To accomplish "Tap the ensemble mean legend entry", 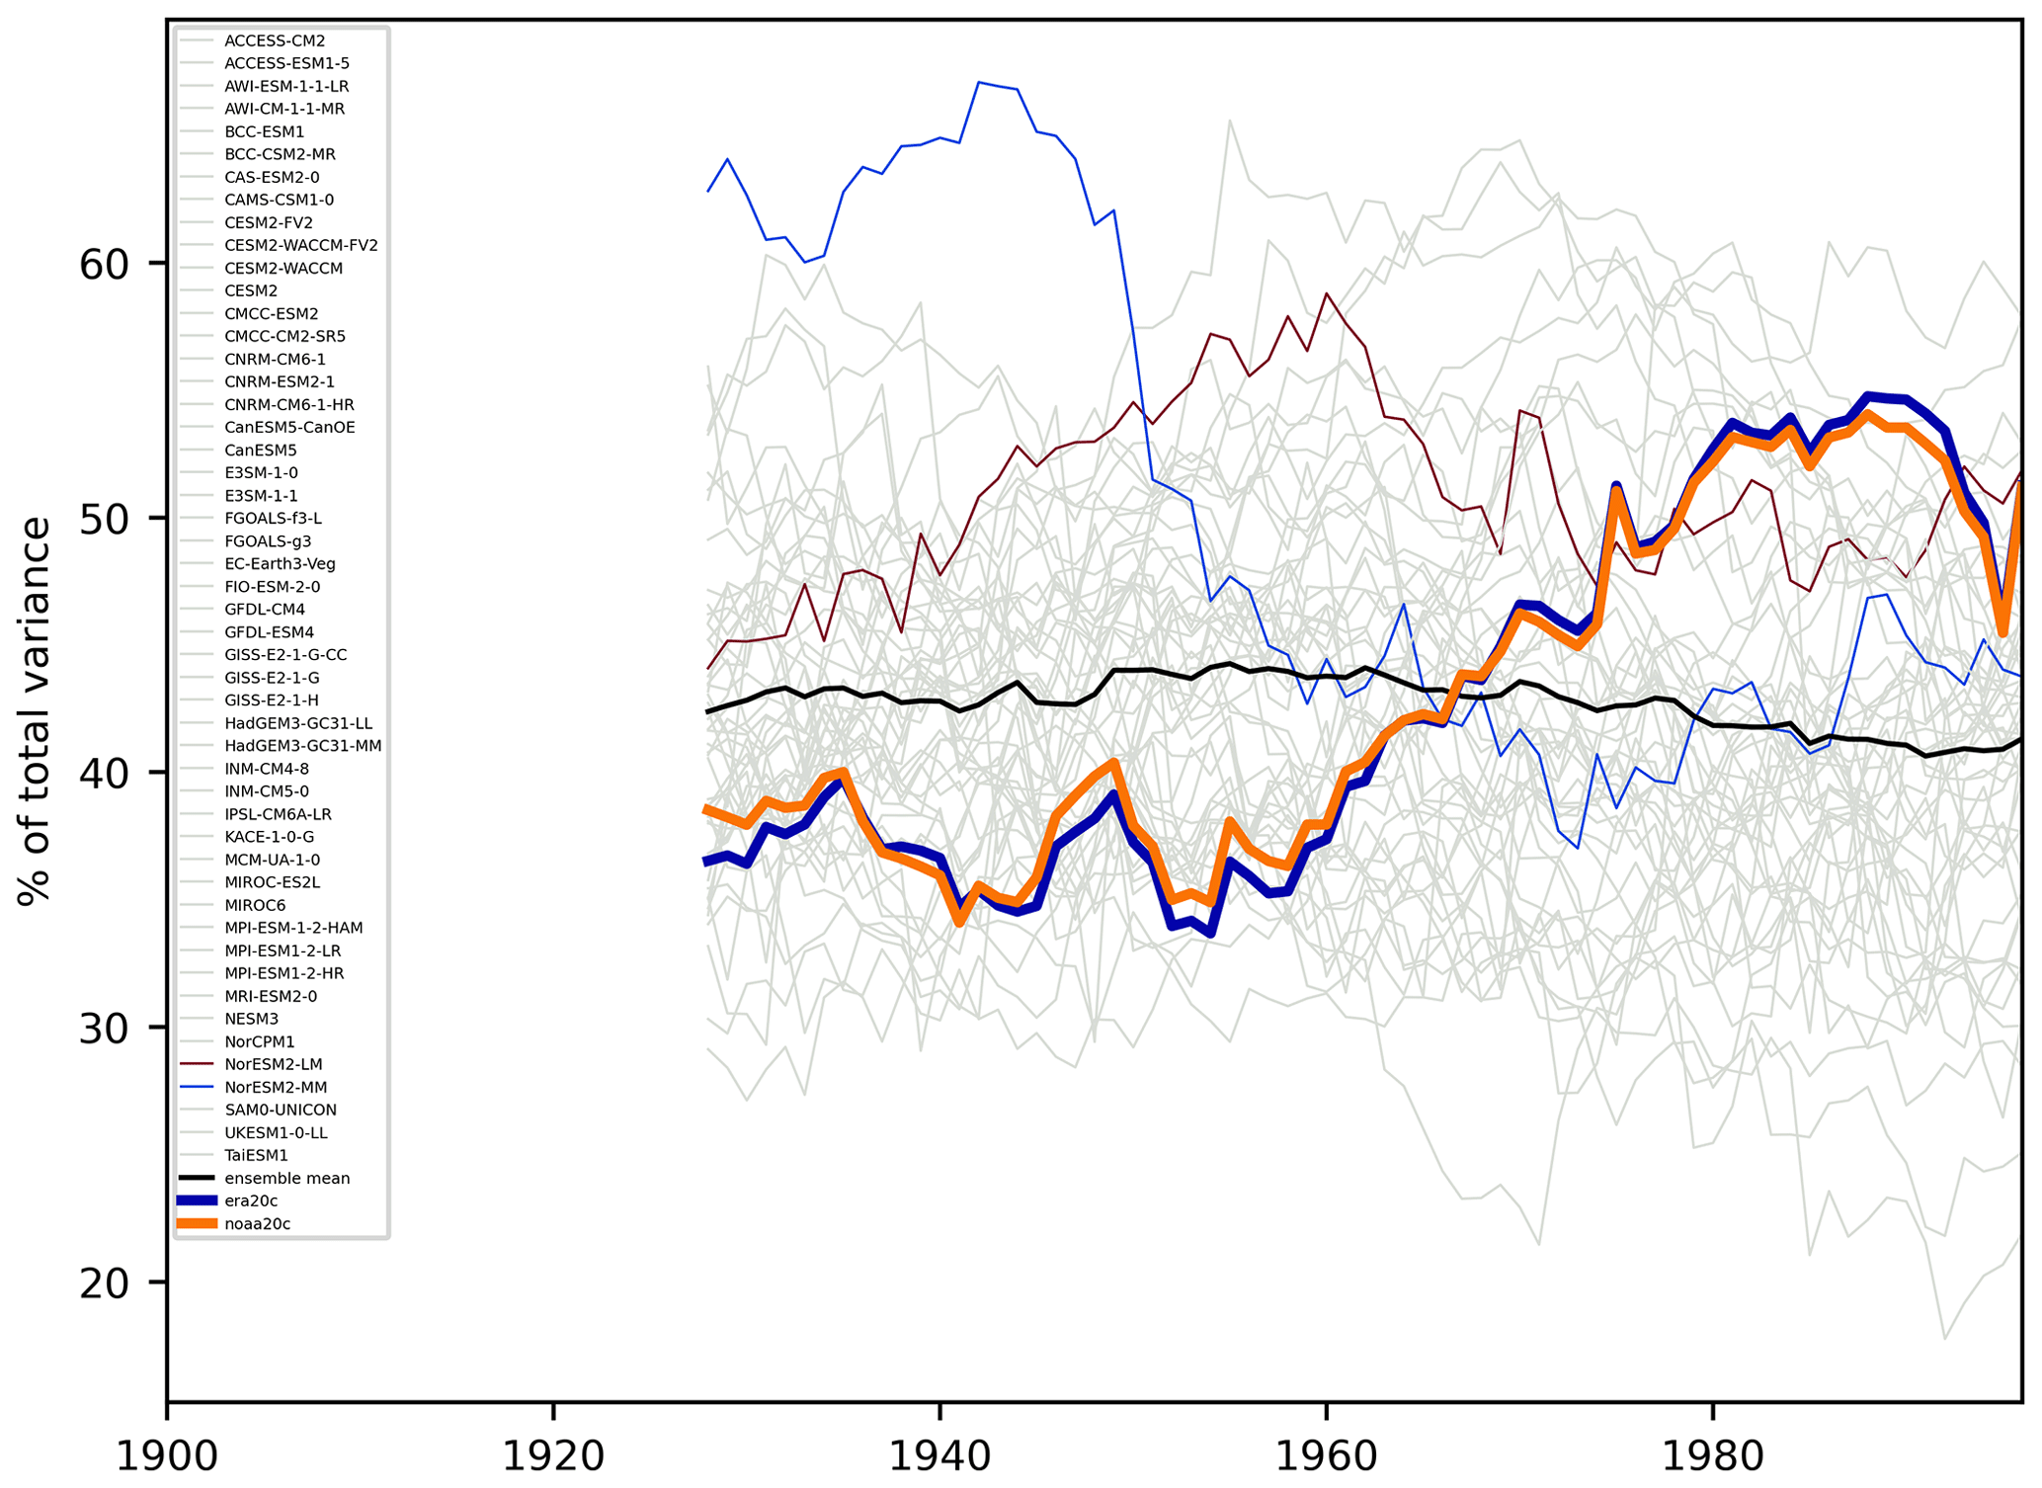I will pyautogui.click(x=286, y=1178).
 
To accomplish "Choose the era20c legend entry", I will pyautogui.click(x=251, y=1200).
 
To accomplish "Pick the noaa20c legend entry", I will pyautogui.click(x=257, y=1223).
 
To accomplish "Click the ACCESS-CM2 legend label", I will pyautogui.click(x=275, y=41).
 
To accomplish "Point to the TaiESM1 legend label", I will pyautogui.click(x=256, y=1155).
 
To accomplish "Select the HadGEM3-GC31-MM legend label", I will pyautogui.click(x=302, y=746).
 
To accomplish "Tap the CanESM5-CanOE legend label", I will pyautogui.click(x=289, y=428).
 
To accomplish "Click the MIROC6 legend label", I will pyautogui.click(x=255, y=905).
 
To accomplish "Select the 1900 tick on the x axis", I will pyautogui.click(x=167, y=1456).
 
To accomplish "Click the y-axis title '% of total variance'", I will pyautogui.click(x=35, y=709).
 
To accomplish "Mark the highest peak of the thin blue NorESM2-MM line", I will pyautogui.click(x=978, y=82).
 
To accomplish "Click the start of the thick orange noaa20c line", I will pyautogui.click(x=707, y=809).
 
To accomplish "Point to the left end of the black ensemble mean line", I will pyautogui.click(x=707, y=711).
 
